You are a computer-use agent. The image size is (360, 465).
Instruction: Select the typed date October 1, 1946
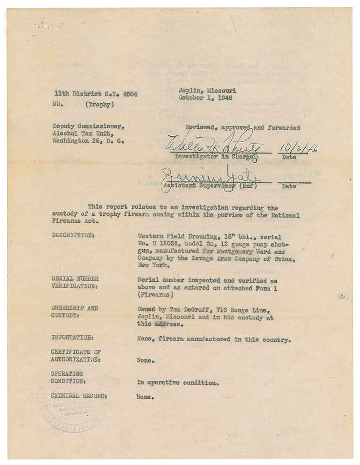pyautogui.click(x=205, y=98)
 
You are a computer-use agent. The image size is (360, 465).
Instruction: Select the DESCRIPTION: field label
pyautogui.click(x=73, y=235)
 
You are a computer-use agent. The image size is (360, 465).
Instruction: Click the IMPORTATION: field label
pyautogui.click(x=72, y=339)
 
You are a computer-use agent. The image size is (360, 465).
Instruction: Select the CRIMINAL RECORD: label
pyautogui.click(x=79, y=397)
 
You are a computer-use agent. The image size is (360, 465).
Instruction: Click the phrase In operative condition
pyautogui.click(x=177, y=383)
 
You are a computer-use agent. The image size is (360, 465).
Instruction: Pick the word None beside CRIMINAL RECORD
pyautogui.click(x=145, y=397)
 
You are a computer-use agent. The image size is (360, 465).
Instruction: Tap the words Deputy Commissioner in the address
pyautogui.click(x=88, y=126)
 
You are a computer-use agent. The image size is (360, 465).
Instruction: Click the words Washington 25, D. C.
pyautogui.click(x=88, y=140)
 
